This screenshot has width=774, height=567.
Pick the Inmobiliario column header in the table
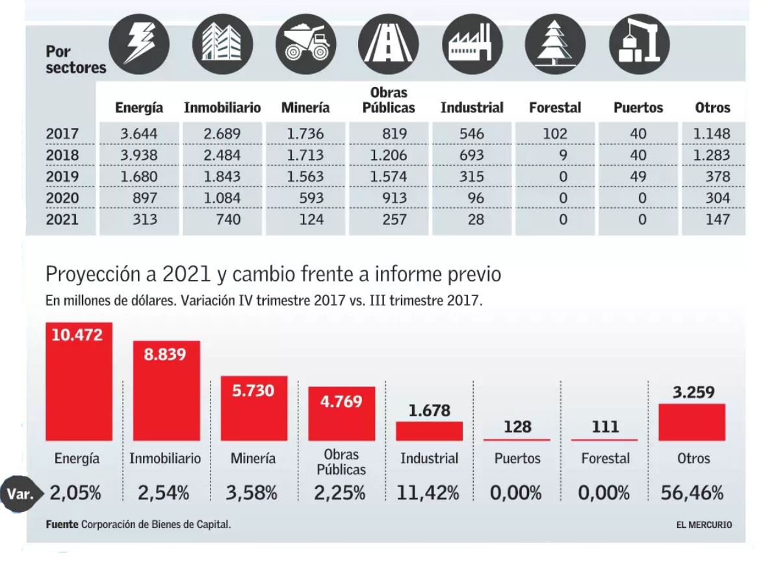tap(222, 108)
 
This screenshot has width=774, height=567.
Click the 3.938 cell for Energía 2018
tap(139, 155)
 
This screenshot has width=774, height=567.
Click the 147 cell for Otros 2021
tap(717, 220)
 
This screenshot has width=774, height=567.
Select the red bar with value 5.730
tap(254, 409)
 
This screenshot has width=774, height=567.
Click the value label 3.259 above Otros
tap(693, 392)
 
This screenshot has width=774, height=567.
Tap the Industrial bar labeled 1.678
tap(430, 431)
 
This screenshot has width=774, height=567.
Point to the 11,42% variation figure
tap(430, 493)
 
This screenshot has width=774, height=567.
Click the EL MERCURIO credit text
tap(703, 525)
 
